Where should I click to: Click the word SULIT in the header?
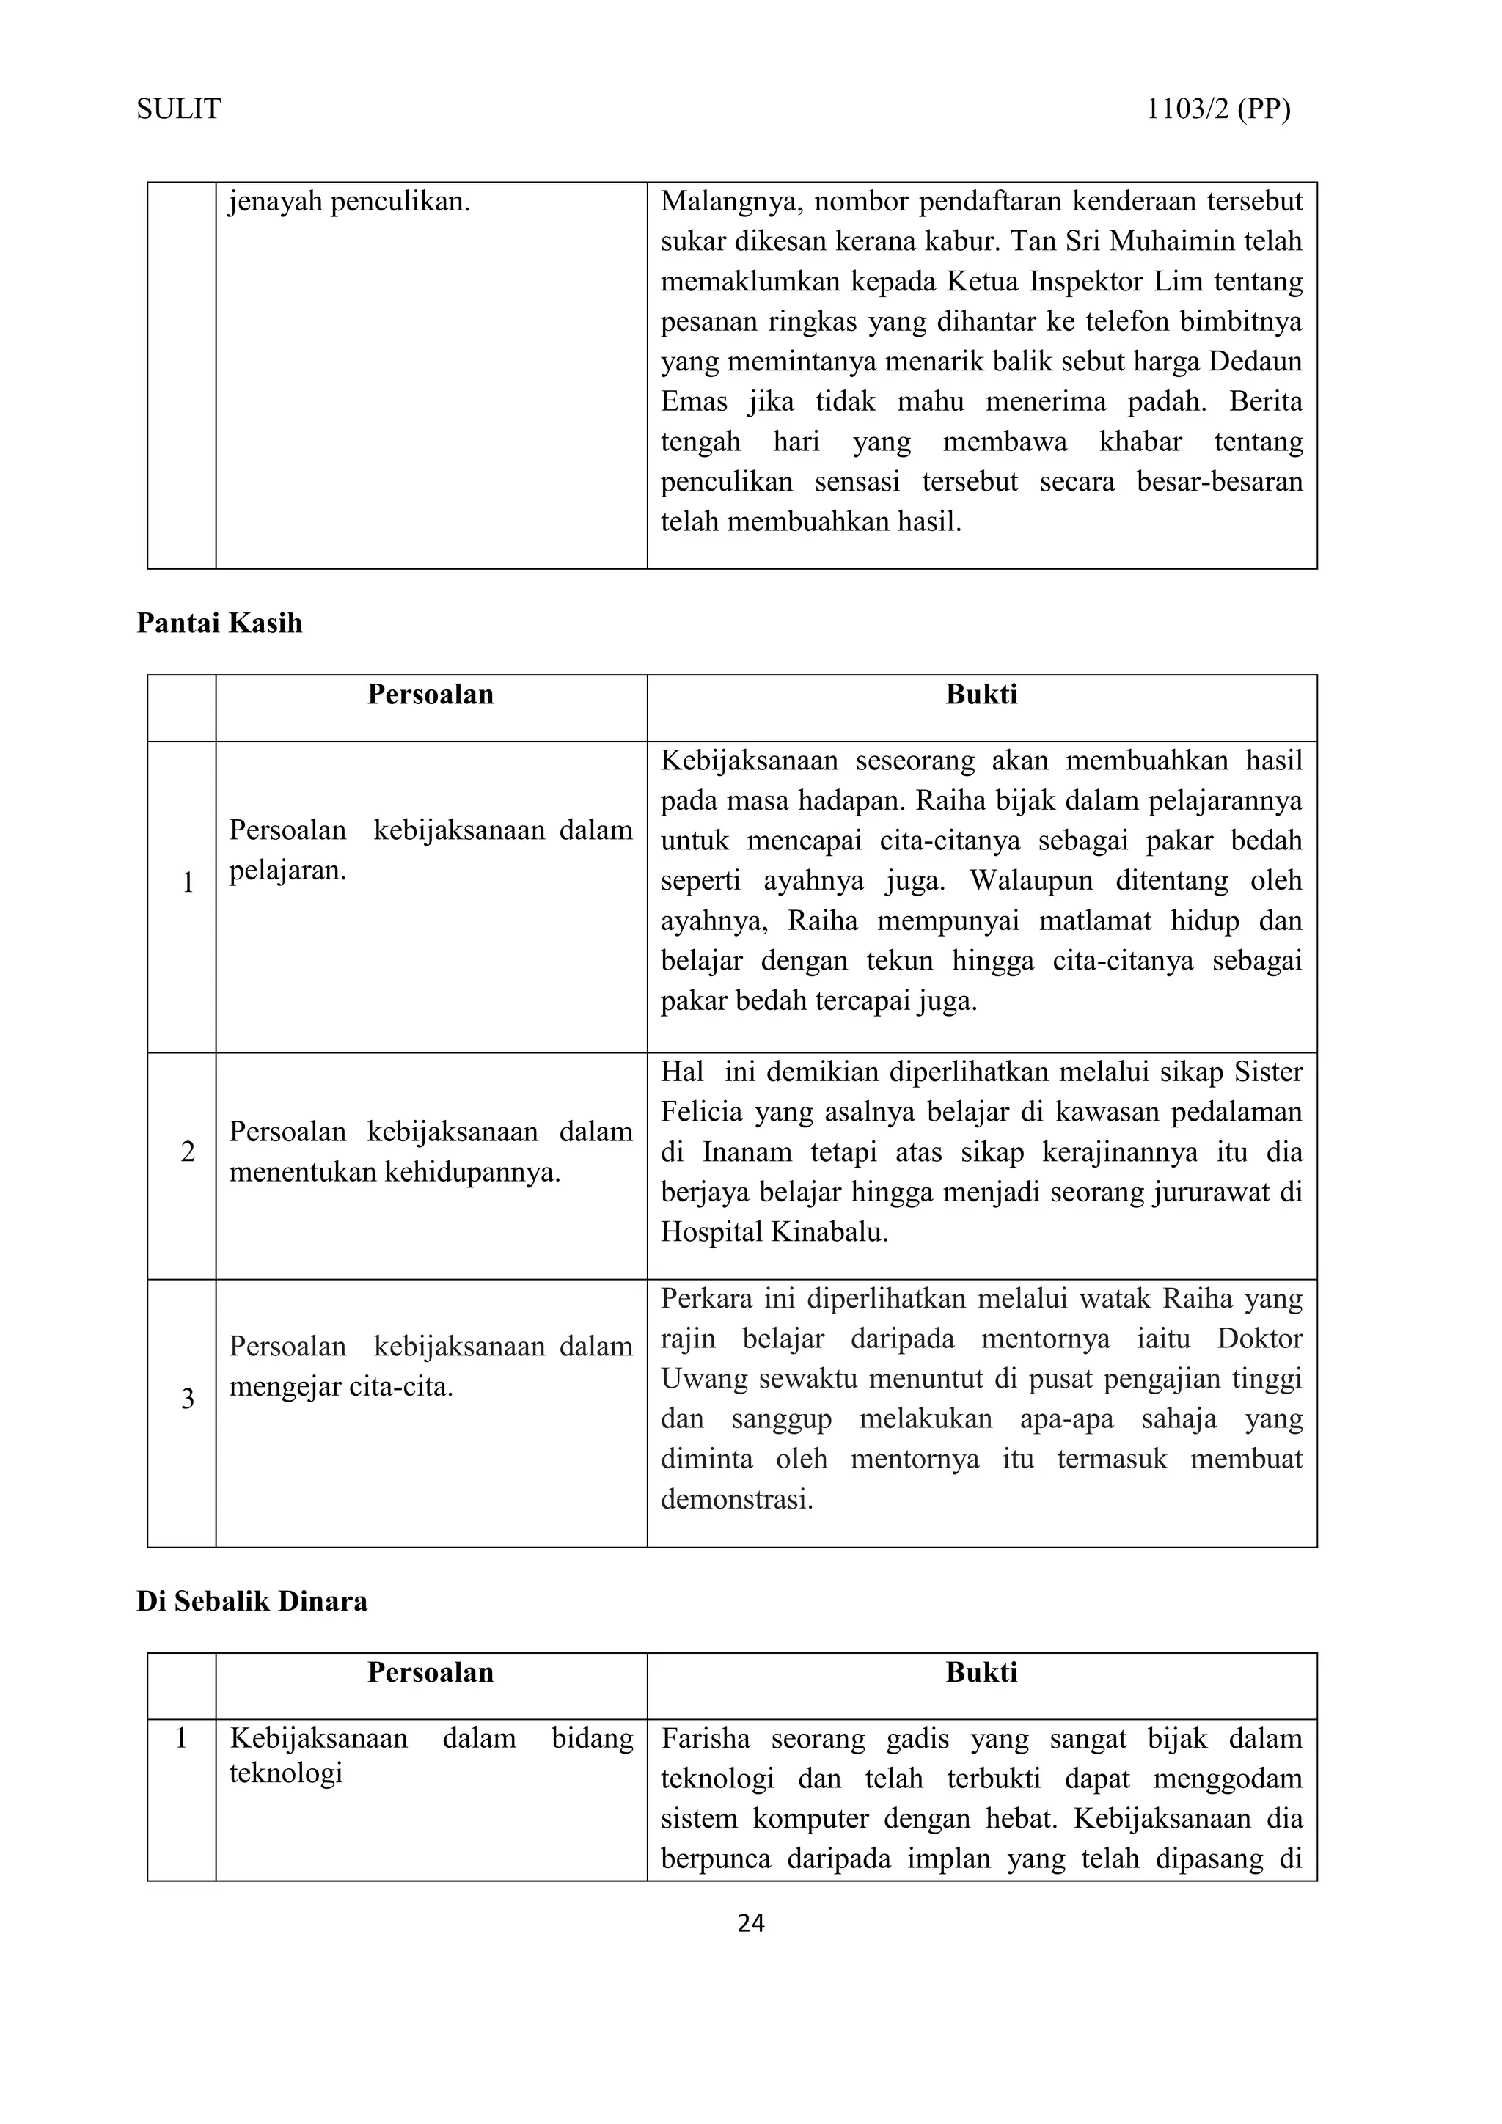coord(178,109)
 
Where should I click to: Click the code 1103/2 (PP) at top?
coord(1218,109)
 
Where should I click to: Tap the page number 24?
coord(750,1923)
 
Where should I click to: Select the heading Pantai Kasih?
coord(219,623)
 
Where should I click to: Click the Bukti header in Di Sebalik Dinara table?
coord(981,1671)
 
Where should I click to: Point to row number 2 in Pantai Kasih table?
coord(188,1151)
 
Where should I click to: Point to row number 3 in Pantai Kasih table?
coord(188,1399)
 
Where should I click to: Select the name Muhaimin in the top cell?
coord(1171,241)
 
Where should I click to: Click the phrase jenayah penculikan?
coord(350,202)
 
